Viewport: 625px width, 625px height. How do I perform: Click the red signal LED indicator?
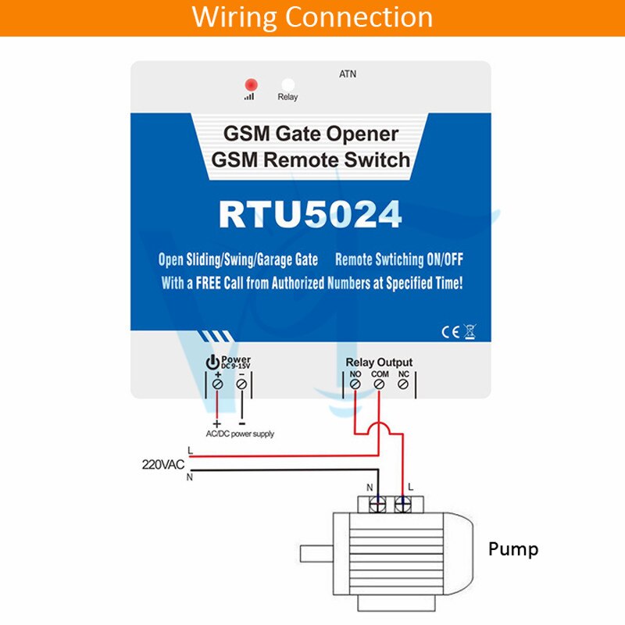click(251, 84)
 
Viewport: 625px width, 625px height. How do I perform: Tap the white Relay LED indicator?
click(287, 84)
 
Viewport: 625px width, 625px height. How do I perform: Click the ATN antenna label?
click(348, 74)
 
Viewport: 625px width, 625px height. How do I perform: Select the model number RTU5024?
click(310, 214)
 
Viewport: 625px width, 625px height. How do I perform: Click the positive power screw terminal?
click(218, 384)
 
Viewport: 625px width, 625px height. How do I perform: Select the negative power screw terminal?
click(241, 384)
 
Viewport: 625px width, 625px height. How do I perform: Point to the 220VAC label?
click(162, 464)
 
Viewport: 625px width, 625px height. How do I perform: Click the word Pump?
click(513, 549)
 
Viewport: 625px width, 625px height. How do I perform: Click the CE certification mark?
click(451, 331)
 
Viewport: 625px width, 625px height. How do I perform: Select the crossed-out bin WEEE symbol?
click(470, 331)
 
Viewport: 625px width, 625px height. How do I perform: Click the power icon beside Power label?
click(211, 362)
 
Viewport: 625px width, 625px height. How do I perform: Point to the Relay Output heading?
click(379, 362)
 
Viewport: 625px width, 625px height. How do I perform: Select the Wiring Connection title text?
click(312, 17)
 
